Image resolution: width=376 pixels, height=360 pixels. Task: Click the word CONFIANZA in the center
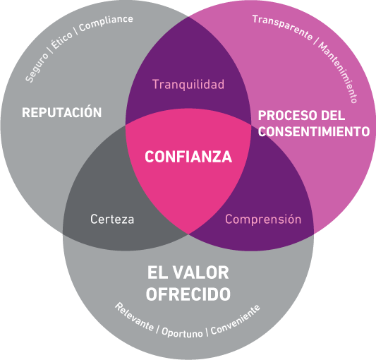(x=188, y=157)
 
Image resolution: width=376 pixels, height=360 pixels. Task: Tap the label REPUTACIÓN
(x=62, y=112)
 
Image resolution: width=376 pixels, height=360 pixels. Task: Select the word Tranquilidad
(x=188, y=84)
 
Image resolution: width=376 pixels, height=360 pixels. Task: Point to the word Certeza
(x=112, y=219)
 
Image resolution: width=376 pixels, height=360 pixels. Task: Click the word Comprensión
(x=263, y=219)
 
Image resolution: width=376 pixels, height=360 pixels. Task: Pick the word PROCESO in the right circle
(x=287, y=116)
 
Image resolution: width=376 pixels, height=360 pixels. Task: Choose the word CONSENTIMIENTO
(x=314, y=131)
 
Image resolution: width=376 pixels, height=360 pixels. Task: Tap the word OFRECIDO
(x=188, y=294)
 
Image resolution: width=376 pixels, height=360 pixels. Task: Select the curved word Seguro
(x=37, y=67)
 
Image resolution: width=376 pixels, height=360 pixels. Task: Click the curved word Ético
(x=61, y=40)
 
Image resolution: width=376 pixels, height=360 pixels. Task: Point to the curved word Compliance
(x=106, y=23)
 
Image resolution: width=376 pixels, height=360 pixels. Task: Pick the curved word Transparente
(x=282, y=27)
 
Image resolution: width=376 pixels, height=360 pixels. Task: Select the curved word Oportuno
(x=182, y=332)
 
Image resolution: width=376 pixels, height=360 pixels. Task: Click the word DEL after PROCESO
(x=333, y=116)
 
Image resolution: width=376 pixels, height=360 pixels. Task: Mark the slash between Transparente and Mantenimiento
(x=316, y=42)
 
